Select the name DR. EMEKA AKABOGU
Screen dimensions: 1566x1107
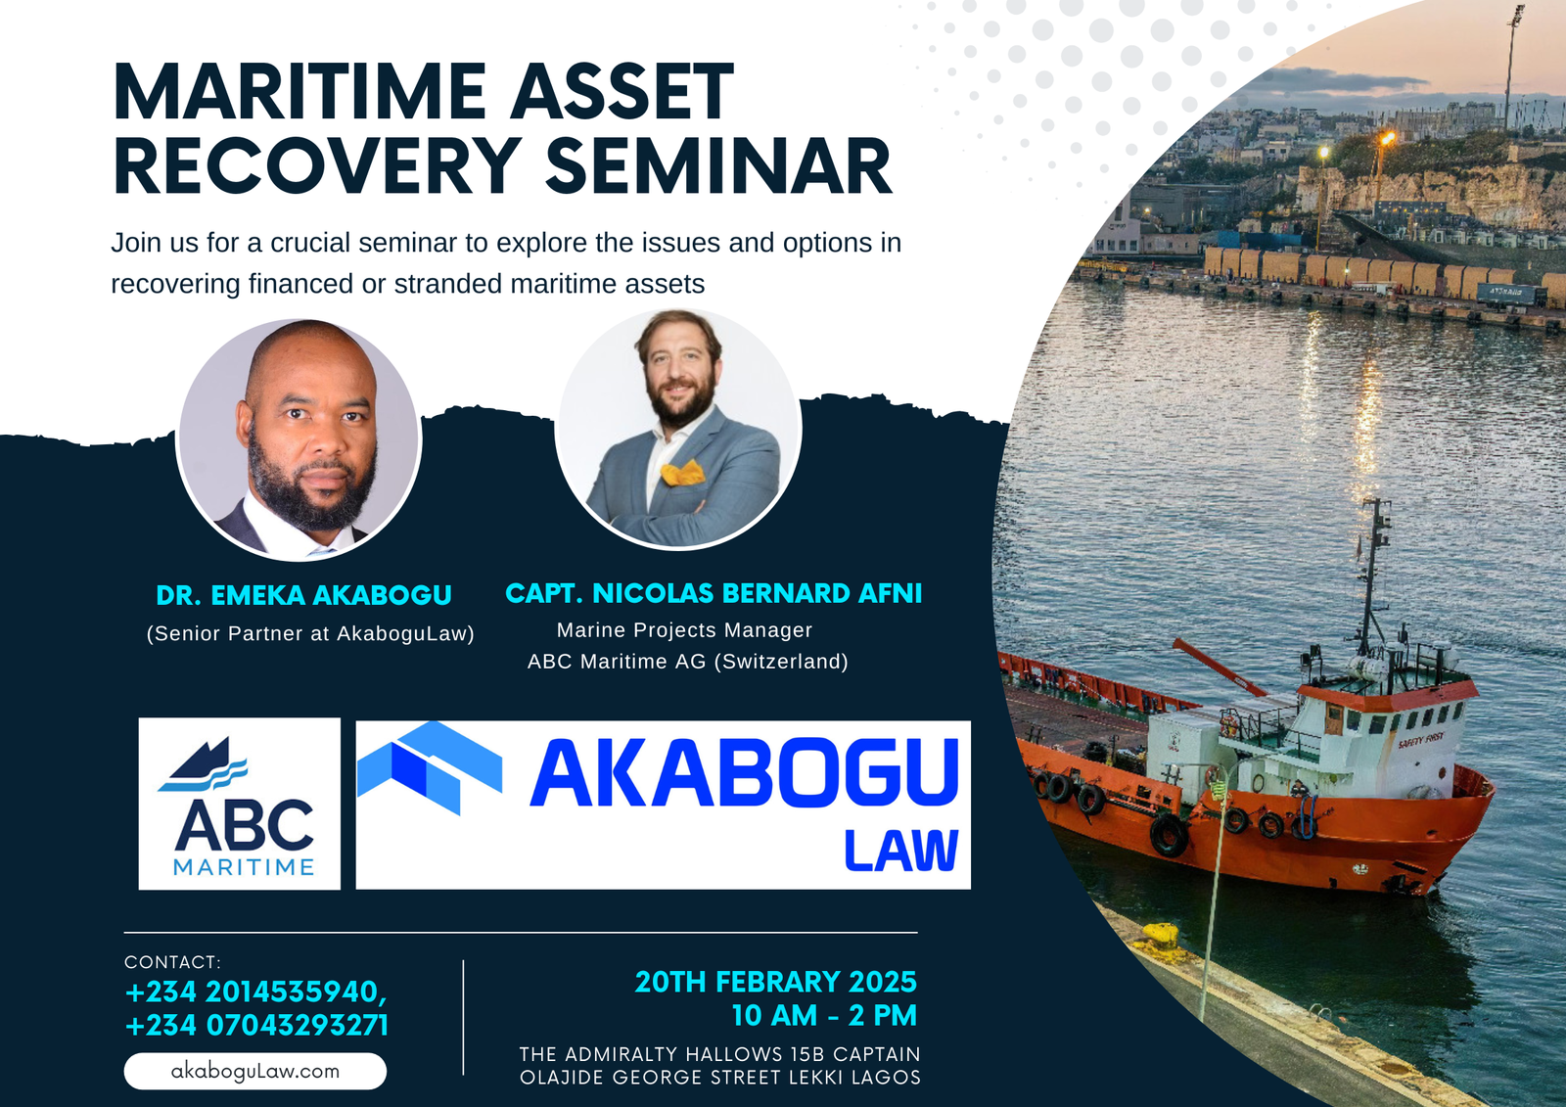[x=304, y=595]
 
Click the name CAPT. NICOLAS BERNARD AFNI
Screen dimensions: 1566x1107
[x=714, y=593]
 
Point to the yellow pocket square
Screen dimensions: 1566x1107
[x=681, y=472]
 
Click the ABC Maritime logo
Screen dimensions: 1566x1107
[x=239, y=804]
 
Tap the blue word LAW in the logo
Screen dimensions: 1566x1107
[x=900, y=851]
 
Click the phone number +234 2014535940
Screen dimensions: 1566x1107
[x=255, y=992]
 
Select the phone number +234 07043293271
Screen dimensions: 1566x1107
[x=256, y=1025]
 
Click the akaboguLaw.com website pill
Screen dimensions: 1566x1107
[x=255, y=1072]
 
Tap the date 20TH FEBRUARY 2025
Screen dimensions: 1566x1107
[x=775, y=982]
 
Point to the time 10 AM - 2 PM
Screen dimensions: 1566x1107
[x=824, y=1015]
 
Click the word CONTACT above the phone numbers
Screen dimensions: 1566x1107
[x=170, y=962]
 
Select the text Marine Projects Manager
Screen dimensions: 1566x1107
[x=684, y=630]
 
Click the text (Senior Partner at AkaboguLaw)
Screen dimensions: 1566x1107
[x=310, y=633]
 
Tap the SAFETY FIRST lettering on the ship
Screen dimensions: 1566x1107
[x=1421, y=739]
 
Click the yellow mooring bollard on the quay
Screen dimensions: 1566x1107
[x=1162, y=935]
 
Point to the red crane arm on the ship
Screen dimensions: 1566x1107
[x=1220, y=667]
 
